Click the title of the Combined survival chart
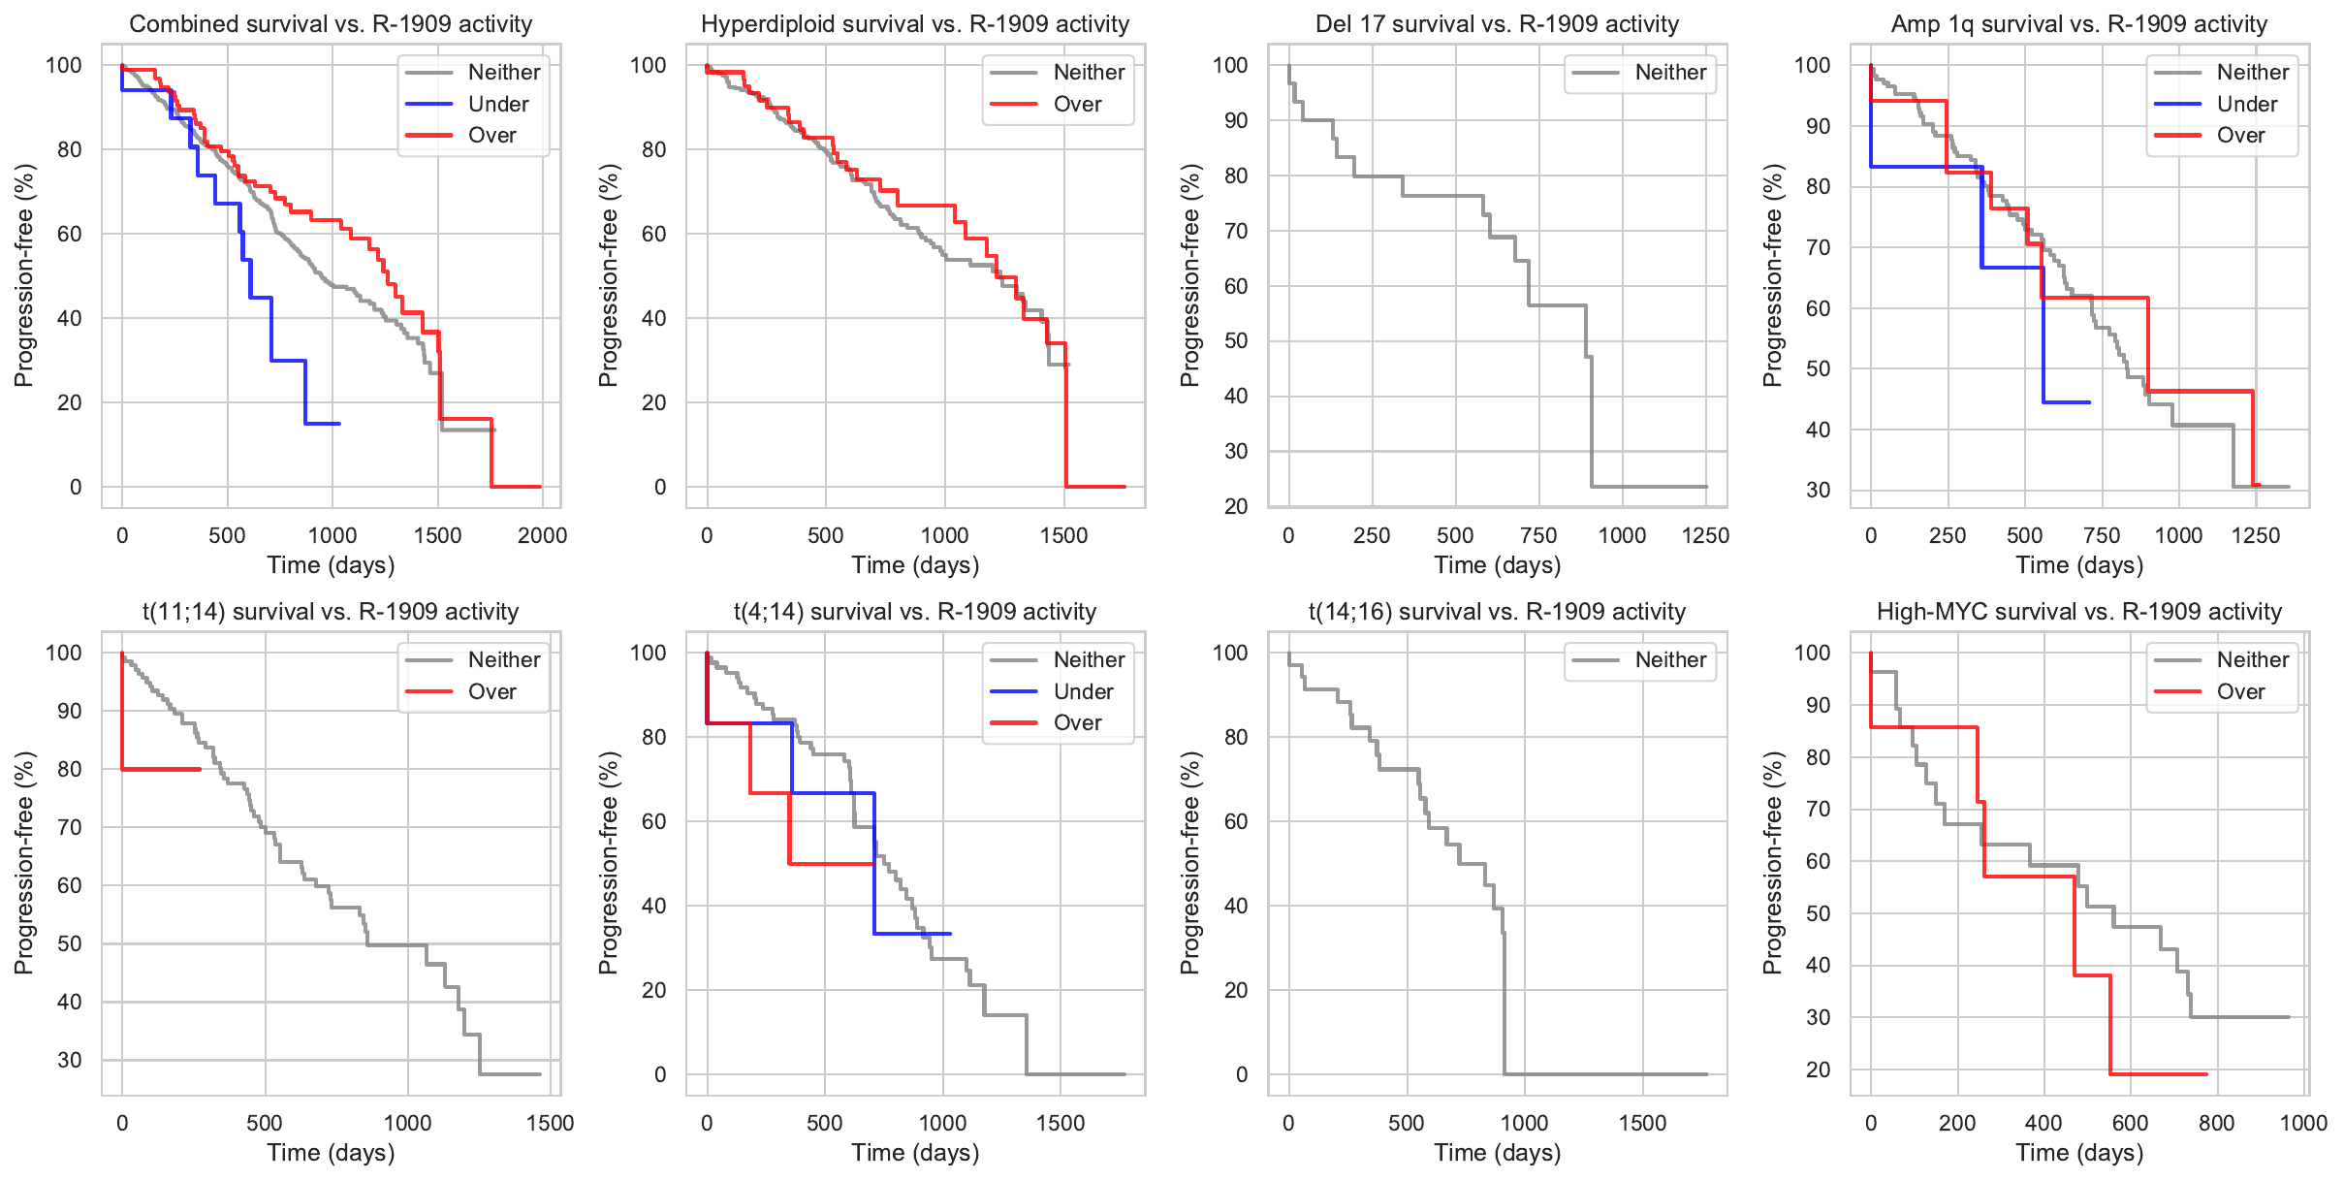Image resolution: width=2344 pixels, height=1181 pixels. click(x=331, y=23)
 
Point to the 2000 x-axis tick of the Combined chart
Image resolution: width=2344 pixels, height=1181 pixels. click(x=542, y=535)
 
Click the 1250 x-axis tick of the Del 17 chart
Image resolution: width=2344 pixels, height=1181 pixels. click(x=1705, y=535)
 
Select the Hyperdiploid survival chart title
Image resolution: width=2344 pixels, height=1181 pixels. click(x=915, y=23)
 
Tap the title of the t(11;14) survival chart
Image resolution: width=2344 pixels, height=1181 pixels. click(x=331, y=611)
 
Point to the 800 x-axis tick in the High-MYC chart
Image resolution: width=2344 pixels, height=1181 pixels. click(x=2216, y=1123)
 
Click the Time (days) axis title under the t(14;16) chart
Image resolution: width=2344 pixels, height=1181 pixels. click(x=1497, y=1152)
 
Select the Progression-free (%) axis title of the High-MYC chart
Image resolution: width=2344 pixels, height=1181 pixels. click(x=1772, y=863)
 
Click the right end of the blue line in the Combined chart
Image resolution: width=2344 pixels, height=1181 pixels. click(x=339, y=424)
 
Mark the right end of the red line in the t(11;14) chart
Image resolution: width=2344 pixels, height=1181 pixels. click(x=200, y=770)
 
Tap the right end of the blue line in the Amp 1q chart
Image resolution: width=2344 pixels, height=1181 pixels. click(x=2089, y=402)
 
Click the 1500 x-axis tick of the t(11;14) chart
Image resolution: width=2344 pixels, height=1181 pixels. click(x=550, y=1123)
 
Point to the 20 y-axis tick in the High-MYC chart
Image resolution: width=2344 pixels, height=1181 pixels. click(x=1818, y=1069)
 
